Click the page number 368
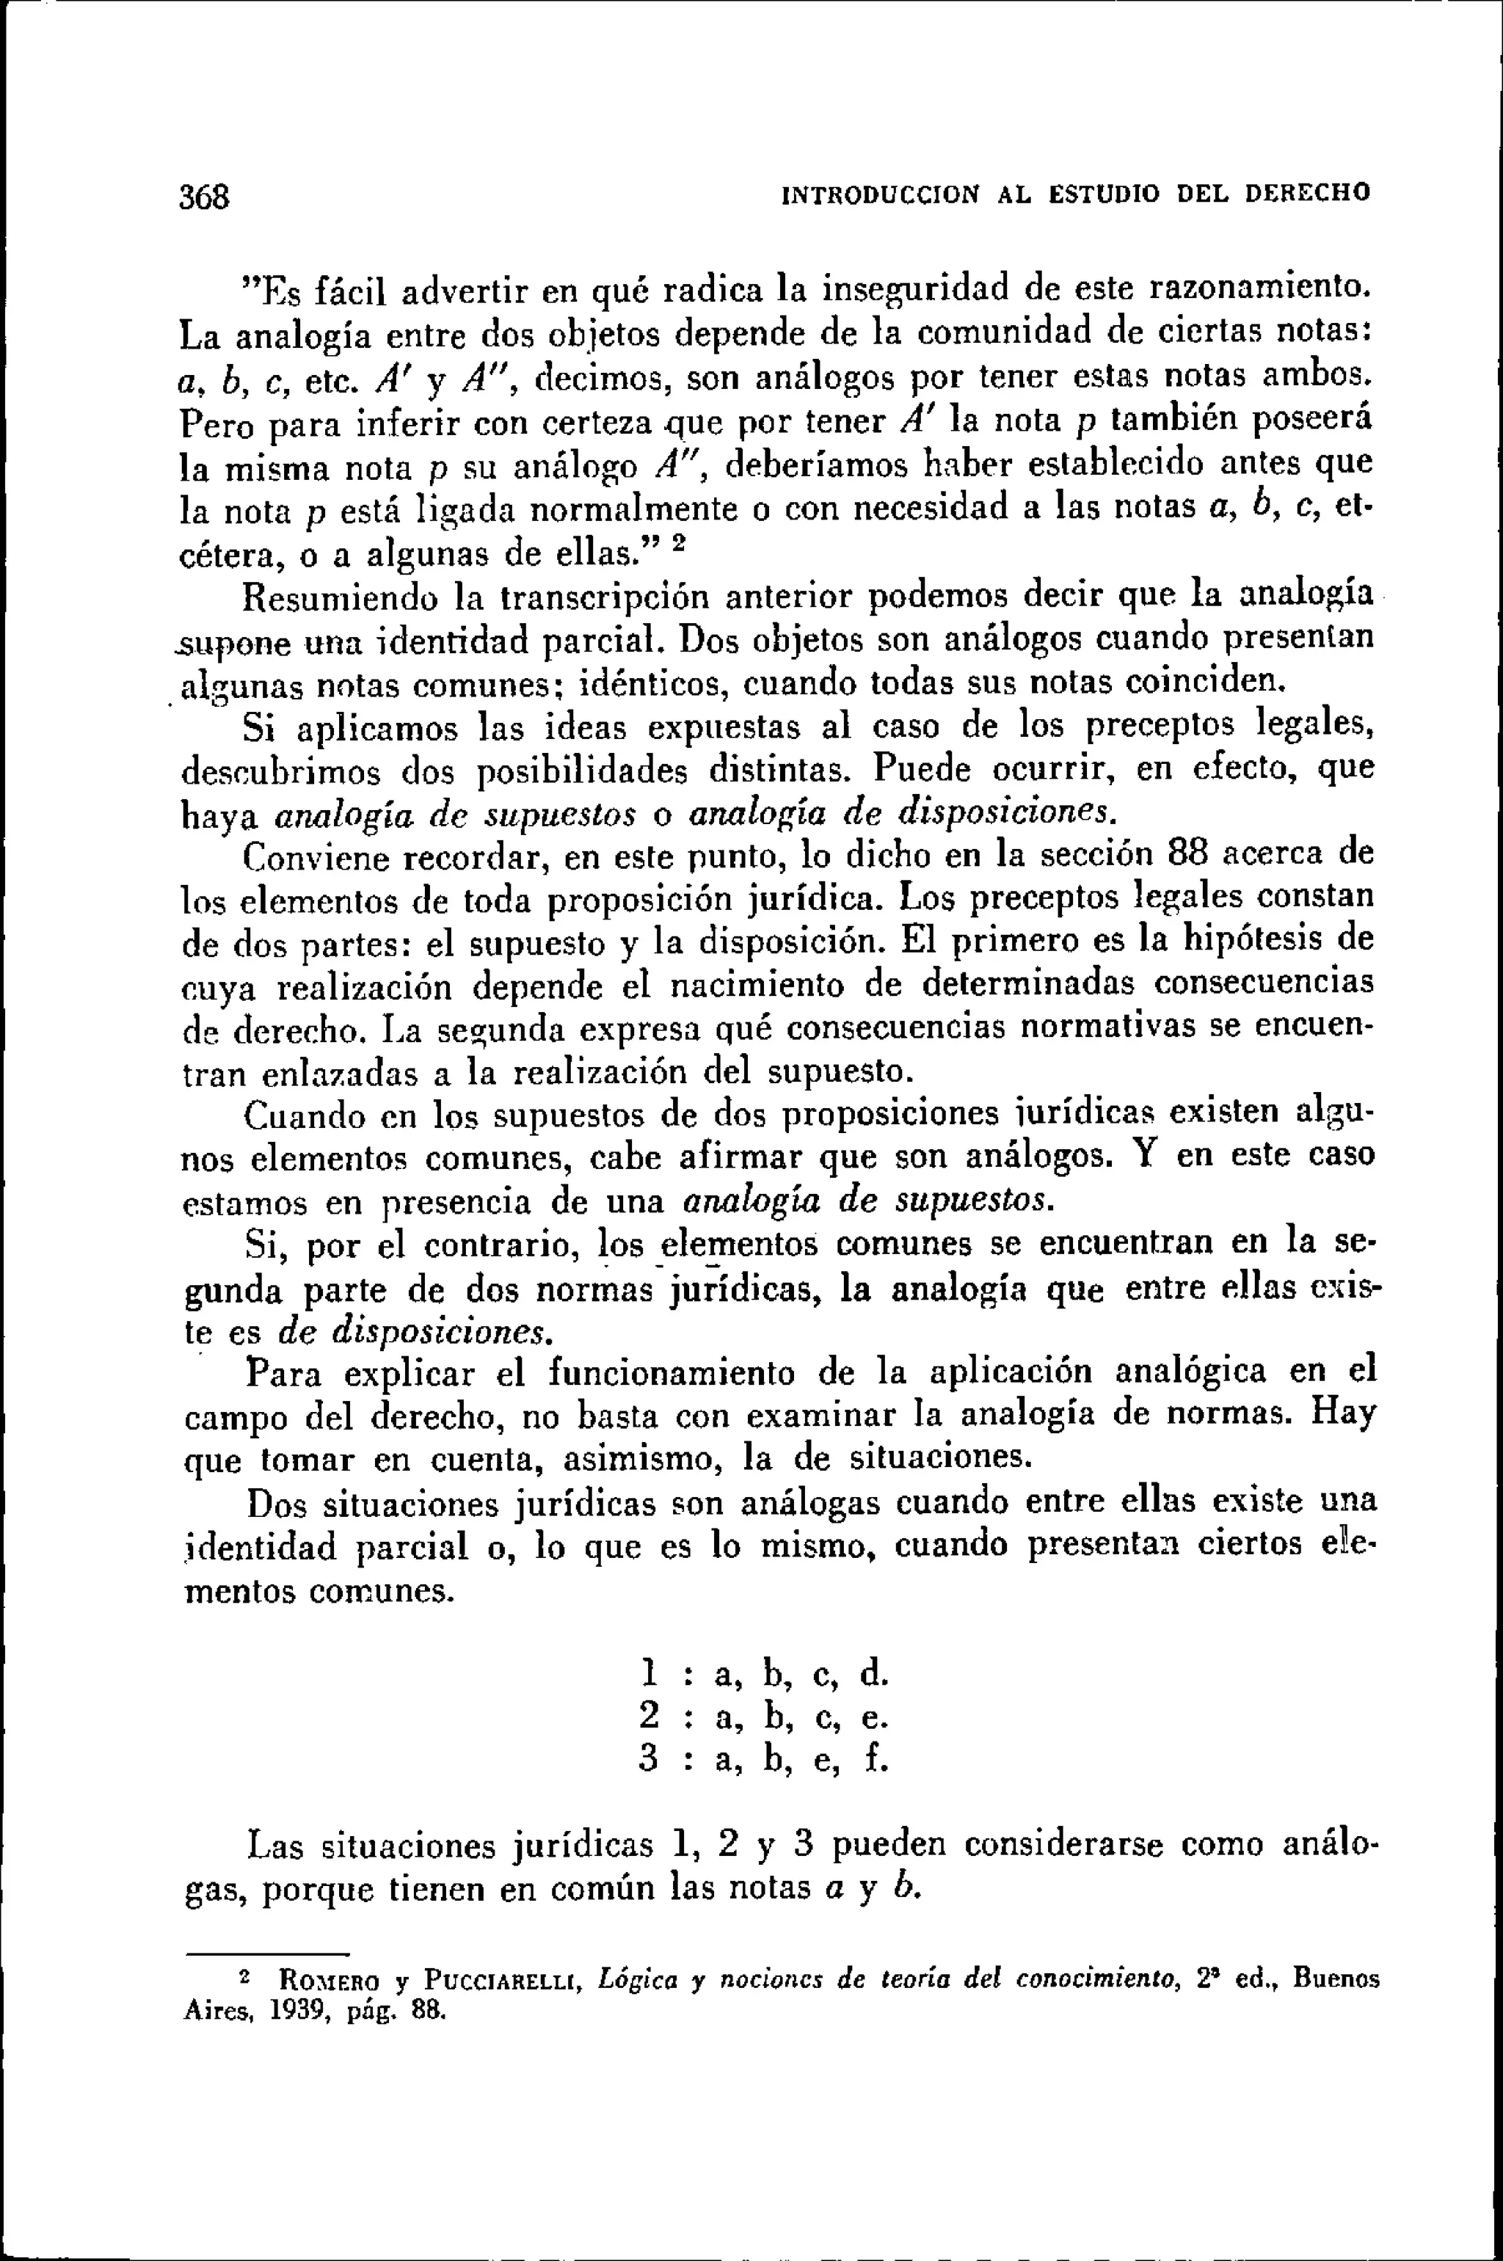point(205,197)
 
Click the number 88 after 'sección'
point(1192,852)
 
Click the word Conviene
point(313,856)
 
